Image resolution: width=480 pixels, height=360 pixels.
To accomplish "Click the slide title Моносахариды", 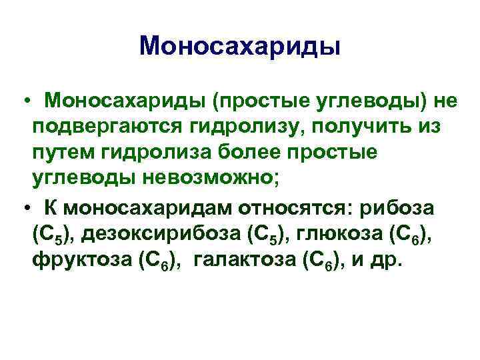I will click(240, 47).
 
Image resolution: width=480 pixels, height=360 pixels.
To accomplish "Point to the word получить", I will click(359, 127).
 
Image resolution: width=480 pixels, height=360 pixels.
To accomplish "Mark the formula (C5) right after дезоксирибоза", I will click(267, 235).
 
